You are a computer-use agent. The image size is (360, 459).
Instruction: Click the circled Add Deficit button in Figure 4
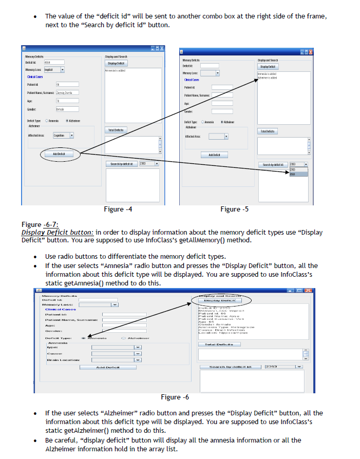tap(58, 154)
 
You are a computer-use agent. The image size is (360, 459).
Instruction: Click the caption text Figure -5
tap(234, 209)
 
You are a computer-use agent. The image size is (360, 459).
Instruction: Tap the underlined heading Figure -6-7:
tap(39, 225)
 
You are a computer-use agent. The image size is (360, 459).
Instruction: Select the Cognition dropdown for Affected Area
tap(64, 136)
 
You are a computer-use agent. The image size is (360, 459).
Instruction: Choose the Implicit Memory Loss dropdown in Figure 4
tap(53, 69)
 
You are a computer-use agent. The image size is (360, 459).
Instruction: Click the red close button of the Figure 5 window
tap(310, 52)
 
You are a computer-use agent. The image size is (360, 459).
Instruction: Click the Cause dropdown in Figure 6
tap(117, 353)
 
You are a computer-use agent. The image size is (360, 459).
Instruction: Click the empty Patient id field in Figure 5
tap(222, 87)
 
